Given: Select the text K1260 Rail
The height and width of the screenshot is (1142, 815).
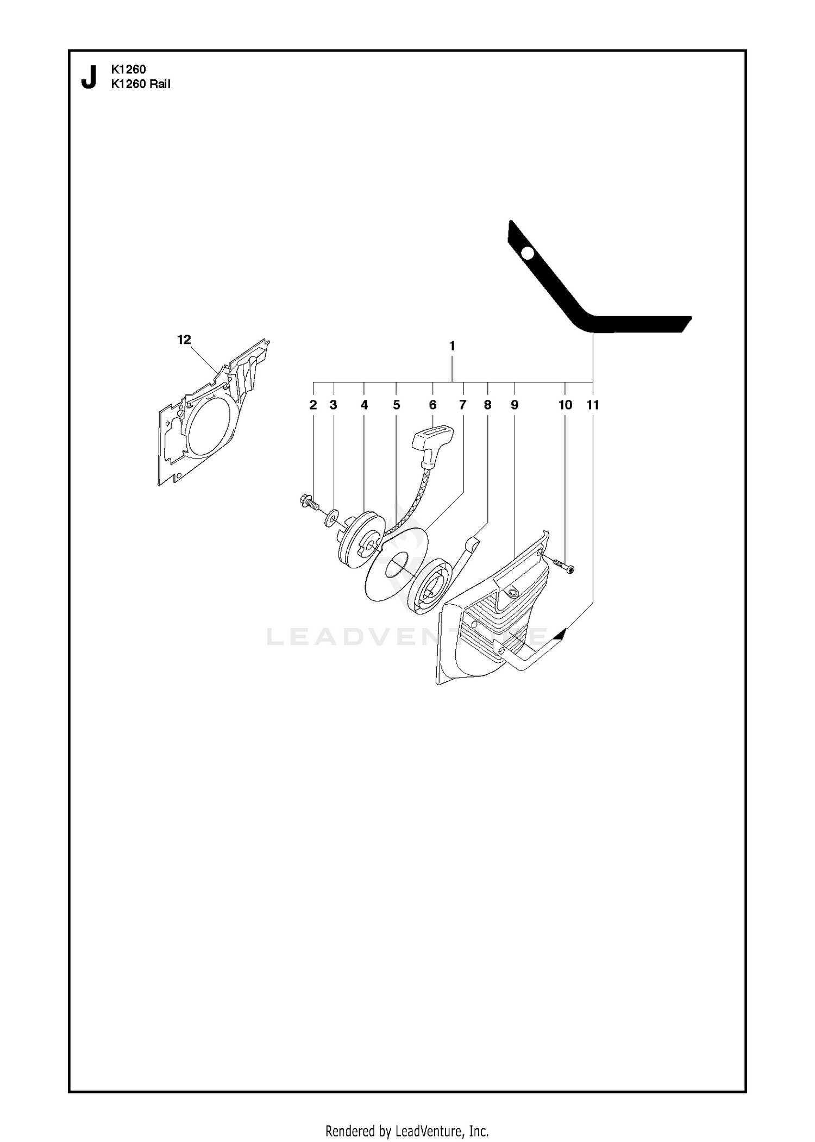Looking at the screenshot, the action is point(141,84).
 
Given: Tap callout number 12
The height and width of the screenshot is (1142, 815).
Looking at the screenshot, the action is point(184,340).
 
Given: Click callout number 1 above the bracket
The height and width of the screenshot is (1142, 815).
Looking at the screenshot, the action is point(452,346).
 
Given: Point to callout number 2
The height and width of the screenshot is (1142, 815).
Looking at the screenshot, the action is point(313,405).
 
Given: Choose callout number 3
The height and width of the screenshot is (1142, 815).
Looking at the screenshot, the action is point(334,405).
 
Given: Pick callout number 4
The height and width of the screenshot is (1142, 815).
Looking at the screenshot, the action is point(364,405).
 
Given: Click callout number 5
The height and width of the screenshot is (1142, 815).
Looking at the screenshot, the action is point(397,405).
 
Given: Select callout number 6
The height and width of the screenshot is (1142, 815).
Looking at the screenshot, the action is point(432,405).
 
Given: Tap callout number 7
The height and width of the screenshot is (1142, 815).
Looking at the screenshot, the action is point(462,405).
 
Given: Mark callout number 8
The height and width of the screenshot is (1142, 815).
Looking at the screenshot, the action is point(487,405).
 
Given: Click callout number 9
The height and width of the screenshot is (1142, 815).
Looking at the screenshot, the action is point(515,405).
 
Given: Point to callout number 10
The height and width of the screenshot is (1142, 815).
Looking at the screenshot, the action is point(565,405).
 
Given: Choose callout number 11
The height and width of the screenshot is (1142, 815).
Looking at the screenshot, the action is point(593,405).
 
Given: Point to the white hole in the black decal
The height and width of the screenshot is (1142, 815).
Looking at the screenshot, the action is point(526,253).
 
